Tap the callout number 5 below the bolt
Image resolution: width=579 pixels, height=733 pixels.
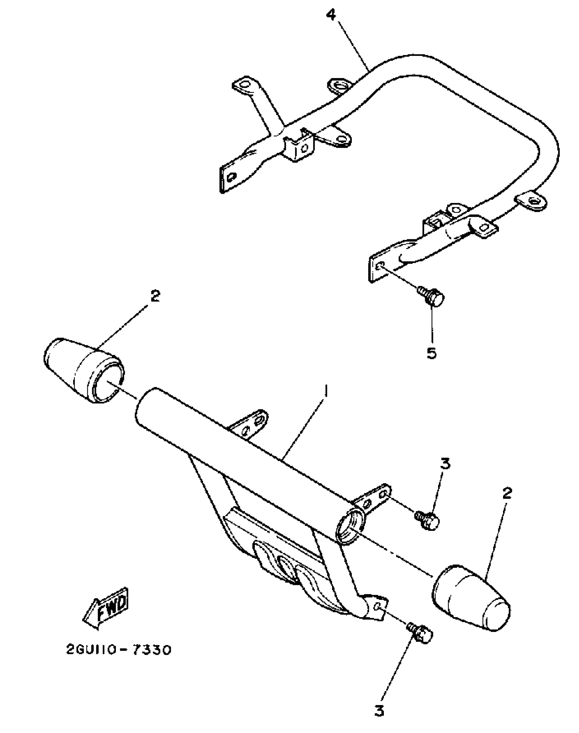[x=431, y=353]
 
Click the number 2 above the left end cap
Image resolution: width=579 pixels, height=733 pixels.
[x=155, y=296]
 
